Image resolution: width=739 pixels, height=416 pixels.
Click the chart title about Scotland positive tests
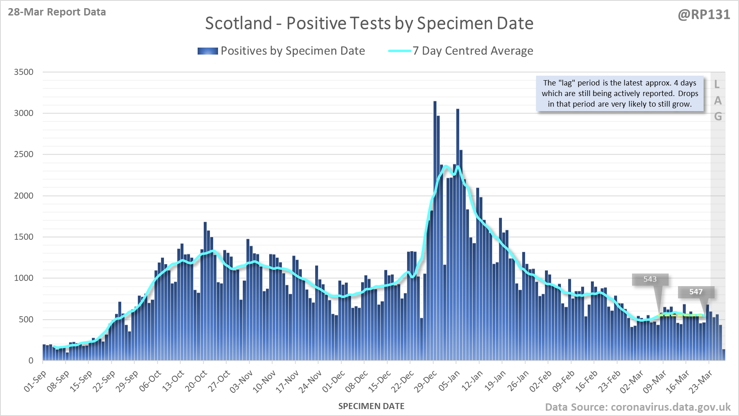(369, 23)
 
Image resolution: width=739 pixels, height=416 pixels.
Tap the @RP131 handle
(704, 15)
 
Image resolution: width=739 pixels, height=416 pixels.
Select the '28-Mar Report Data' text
(57, 12)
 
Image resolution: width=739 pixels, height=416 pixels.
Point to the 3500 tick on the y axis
(24, 72)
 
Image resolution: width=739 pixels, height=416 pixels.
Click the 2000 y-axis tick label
(24, 196)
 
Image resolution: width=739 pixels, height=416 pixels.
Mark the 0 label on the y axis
(31, 361)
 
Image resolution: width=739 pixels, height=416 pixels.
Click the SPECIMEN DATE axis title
(371, 406)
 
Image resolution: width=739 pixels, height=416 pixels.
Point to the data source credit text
(638, 407)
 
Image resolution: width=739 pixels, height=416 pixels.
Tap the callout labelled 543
(650, 279)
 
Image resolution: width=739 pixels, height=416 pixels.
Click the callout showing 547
(695, 292)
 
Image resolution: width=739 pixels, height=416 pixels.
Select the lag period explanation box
(620, 93)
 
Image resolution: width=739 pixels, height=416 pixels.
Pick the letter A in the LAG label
(718, 101)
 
